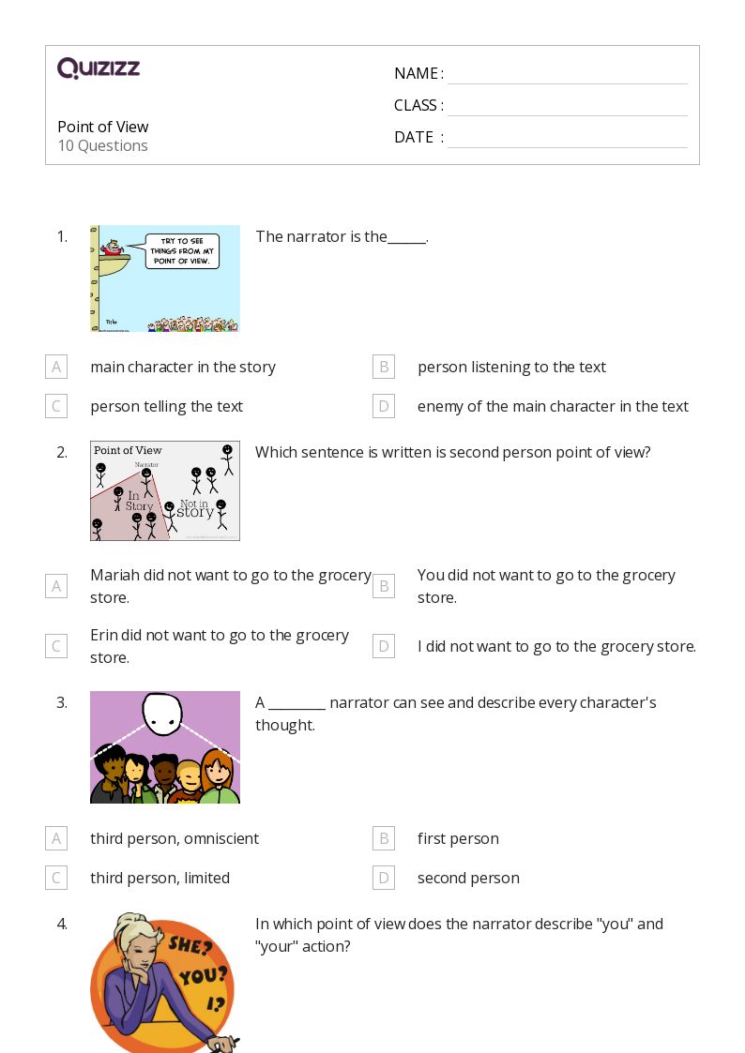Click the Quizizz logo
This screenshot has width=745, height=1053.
coord(99,68)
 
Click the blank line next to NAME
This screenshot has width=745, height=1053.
coord(567,74)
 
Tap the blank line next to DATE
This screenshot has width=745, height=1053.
coord(567,138)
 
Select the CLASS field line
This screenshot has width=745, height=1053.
coord(567,106)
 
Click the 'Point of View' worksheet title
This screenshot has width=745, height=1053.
coord(102,127)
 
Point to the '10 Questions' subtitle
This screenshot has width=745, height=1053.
coord(102,145)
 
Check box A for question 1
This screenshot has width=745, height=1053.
coord(56,367)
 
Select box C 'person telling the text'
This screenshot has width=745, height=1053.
coord(56,406)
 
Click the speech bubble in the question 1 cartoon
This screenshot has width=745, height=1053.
coord(182,250)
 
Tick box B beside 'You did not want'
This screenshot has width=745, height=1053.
coord(383,586)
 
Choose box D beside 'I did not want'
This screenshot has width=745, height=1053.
coord(383,646)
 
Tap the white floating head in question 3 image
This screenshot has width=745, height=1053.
coord(164,714)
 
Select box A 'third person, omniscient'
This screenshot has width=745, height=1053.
coord(56,838)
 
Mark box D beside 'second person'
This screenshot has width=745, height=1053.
coord(383,878)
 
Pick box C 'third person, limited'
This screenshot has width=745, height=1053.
coord(56,878)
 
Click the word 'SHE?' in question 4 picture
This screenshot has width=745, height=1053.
coord(188,944)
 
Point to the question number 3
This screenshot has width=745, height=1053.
coord(62,702)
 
